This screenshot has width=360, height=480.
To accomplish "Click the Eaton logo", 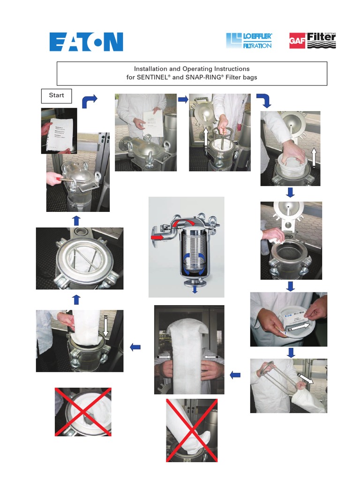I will click(x=86, y=41).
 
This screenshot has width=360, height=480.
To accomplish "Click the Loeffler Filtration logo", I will click(x=248, y=41).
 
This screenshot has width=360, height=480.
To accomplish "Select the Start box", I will click(x=56, y=96).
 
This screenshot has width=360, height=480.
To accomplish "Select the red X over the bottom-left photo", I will click(x=83, y=412).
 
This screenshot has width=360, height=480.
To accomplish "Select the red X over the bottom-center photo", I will click(x=192, y=430).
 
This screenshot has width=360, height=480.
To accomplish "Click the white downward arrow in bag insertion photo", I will click(x=106, y=326).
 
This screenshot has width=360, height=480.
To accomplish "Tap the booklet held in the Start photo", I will click(x=59, y=131).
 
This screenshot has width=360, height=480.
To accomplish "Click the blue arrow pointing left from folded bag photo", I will click(x=135, y=347).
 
